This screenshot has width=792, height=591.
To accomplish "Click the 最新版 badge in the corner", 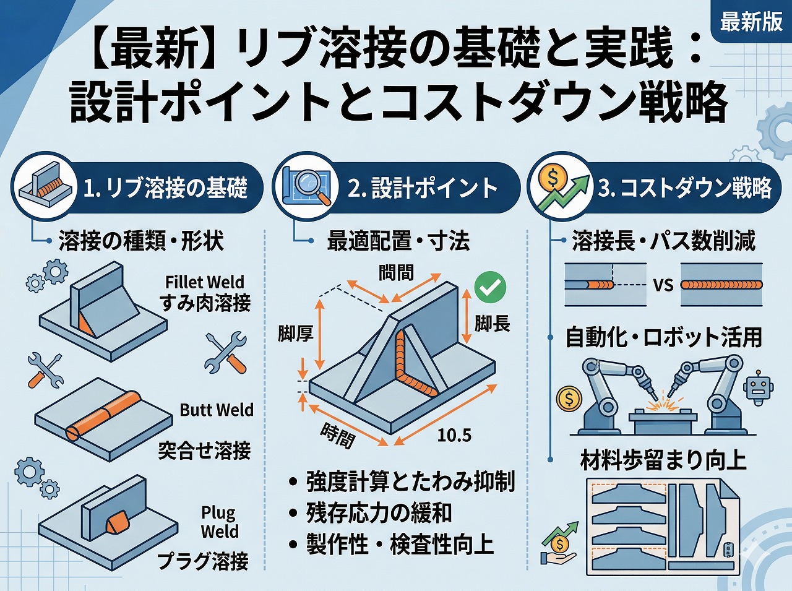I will pos(751,22).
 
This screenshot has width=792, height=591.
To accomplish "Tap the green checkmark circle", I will pos(489,287).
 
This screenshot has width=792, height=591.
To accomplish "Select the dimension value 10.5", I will pos(454,435).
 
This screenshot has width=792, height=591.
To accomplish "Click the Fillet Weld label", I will pos(205,282).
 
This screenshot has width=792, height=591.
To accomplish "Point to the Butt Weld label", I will pos(217,410).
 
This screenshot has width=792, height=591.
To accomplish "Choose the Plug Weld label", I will pos(219,522).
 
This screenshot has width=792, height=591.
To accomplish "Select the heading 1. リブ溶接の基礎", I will pos(165,188).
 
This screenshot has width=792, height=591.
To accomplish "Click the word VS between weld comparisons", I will pos(663,285).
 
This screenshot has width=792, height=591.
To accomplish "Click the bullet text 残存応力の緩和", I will pos(379,512).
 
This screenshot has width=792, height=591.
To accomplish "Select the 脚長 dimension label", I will pos(492,323).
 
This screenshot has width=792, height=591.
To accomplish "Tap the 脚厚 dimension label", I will pos(295,334).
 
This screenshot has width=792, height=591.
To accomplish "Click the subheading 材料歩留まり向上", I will pos(663,460).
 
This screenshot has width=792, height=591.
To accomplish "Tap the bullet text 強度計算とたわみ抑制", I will pos(410,481).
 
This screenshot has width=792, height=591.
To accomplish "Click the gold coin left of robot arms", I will pos(568,399).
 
